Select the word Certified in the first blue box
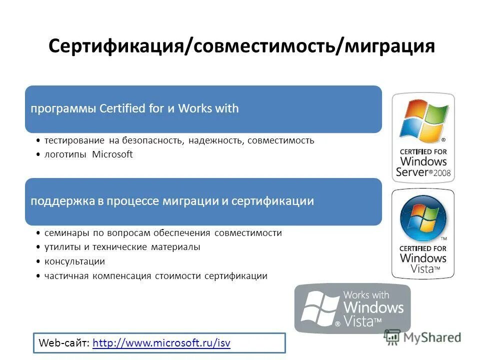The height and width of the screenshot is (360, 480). point(121,108)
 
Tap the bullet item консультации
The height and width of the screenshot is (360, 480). point(74,261)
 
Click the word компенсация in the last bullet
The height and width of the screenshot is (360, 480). point(122,275)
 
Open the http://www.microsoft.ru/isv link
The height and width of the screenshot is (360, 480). point(161,343)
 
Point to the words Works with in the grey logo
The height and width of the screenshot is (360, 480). point(366,294)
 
